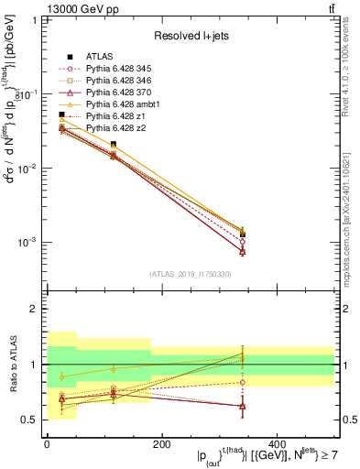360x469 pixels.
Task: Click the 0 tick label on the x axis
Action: (x=47, y=444)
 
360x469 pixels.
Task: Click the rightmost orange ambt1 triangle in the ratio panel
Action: (x=312, y=358)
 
